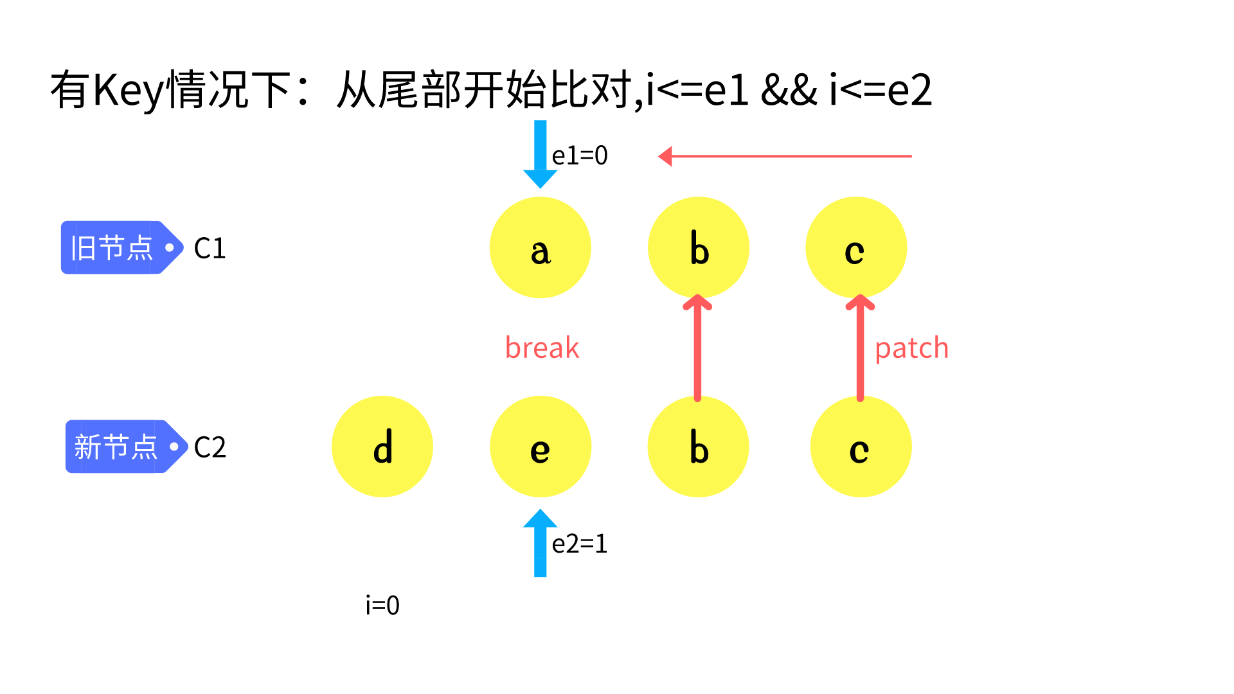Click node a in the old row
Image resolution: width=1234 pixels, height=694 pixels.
coord(540,247)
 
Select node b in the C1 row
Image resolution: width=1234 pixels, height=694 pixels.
coord(699,247)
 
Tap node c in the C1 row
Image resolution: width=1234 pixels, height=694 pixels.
coord(856,247)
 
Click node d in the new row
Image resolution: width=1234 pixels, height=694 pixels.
coord(382,447)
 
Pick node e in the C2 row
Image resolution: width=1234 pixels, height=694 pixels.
coord(540,447)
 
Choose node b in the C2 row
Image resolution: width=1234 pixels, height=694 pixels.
coord(699,447)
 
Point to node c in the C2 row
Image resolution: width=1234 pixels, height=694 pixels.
coord(861,447)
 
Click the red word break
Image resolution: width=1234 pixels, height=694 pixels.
coord(542,348)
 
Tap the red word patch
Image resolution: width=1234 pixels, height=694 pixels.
coord(911,348)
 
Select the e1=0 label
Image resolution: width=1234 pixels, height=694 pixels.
coord(580,156)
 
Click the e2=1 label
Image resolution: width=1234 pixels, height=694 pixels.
coord(580,544)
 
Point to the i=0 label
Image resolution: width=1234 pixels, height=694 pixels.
coord(382,605)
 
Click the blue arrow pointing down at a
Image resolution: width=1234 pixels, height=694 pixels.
coord(540,154)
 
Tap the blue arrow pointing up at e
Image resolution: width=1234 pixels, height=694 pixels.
coord(540,543)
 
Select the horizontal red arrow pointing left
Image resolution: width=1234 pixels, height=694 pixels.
coord(784,156)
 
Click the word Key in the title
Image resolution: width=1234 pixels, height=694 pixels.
coord(129,90)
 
